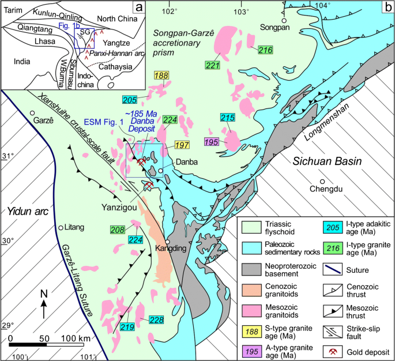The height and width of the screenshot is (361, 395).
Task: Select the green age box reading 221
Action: pos(213,66)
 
